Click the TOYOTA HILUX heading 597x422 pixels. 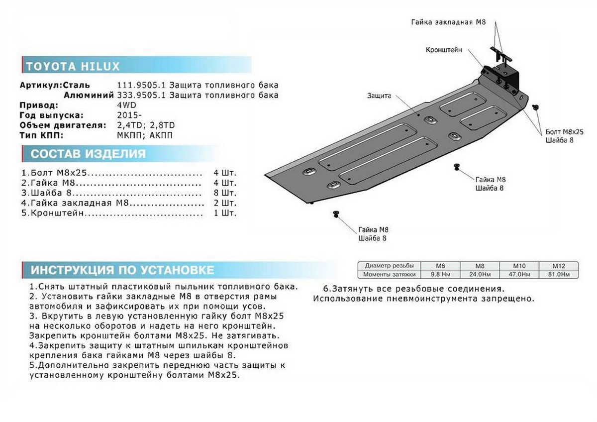73,66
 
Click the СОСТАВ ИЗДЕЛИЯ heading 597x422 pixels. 88,154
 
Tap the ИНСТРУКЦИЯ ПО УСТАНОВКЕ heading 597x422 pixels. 122,270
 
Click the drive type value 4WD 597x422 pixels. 127,105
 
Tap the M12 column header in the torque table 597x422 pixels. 559,266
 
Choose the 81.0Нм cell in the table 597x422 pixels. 559,274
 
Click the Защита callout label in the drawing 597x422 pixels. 380,95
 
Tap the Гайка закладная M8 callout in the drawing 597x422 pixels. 448,23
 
